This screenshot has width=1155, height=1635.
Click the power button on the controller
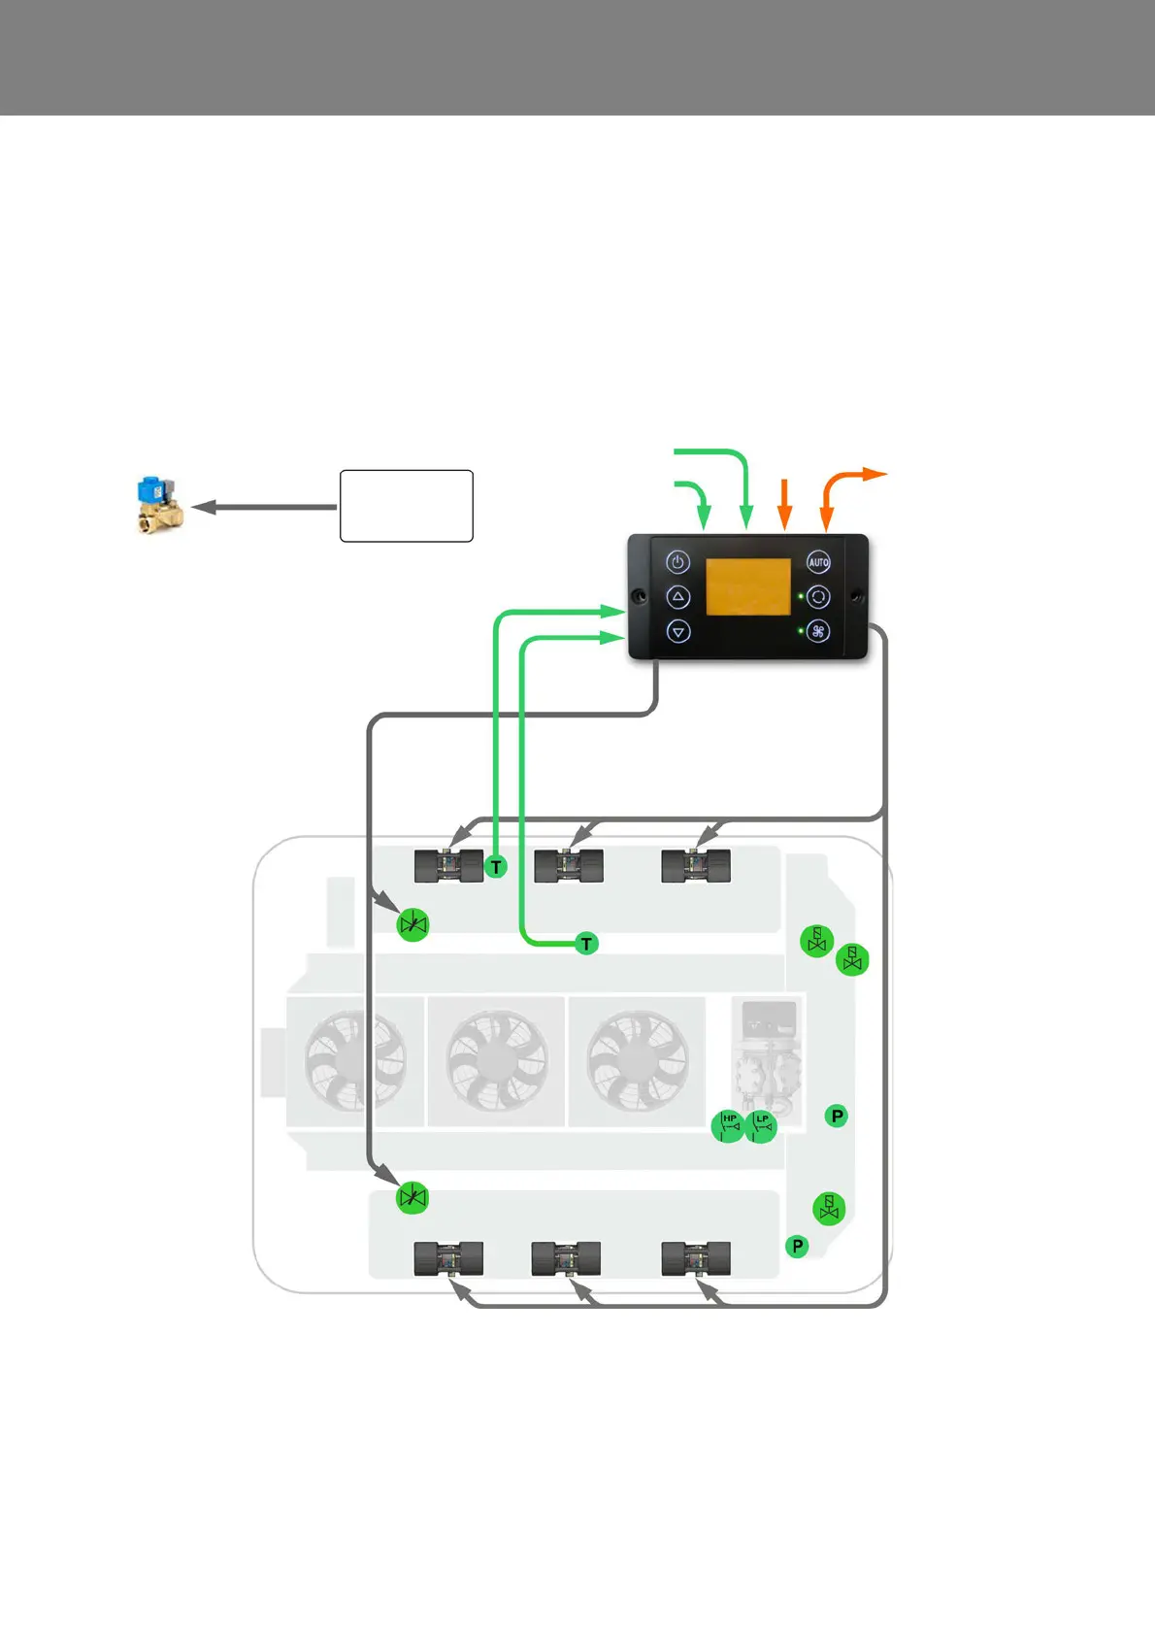(x=677, y=562)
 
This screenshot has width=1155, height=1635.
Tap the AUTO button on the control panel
(x=818, y=562)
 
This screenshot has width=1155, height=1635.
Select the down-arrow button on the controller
(x=677, y=631)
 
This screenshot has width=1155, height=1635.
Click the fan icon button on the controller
(x=818, y=631)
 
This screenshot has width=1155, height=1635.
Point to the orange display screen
(x=747, y=586)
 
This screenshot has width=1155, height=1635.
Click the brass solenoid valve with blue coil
(x=159, y=505)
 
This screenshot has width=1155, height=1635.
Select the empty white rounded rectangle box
(x=406, y=506)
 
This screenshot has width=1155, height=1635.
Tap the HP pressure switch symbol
(x=728, y=1125)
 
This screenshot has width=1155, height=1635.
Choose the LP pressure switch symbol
(x=762, y=1125)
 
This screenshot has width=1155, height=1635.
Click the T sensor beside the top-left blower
(x=496, y=867)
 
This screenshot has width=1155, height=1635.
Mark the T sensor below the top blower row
(x=586, y=944)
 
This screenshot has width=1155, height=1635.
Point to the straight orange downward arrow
(x=785, y=505)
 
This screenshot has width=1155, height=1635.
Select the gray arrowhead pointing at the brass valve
(x=202, y=507)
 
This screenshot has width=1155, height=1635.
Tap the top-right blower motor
(x=695, y=865)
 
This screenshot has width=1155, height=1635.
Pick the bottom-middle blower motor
(x=566, y=1259)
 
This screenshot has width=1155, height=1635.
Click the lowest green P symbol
(x=797, y=1246)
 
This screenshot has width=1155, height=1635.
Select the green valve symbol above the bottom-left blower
(x=412, y=1198)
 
